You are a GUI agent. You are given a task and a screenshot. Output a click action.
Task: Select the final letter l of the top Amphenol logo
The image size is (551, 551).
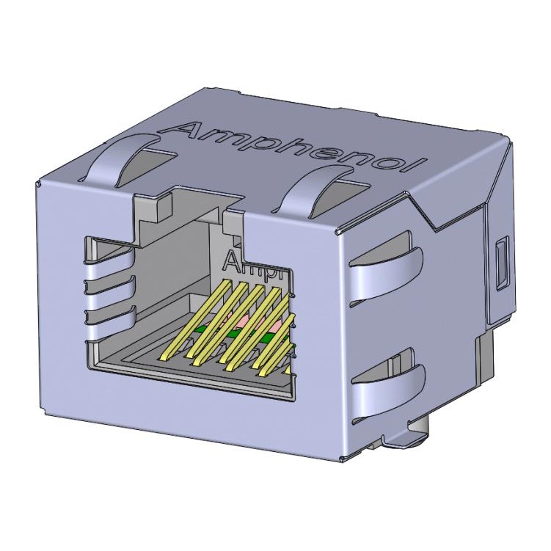419,167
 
